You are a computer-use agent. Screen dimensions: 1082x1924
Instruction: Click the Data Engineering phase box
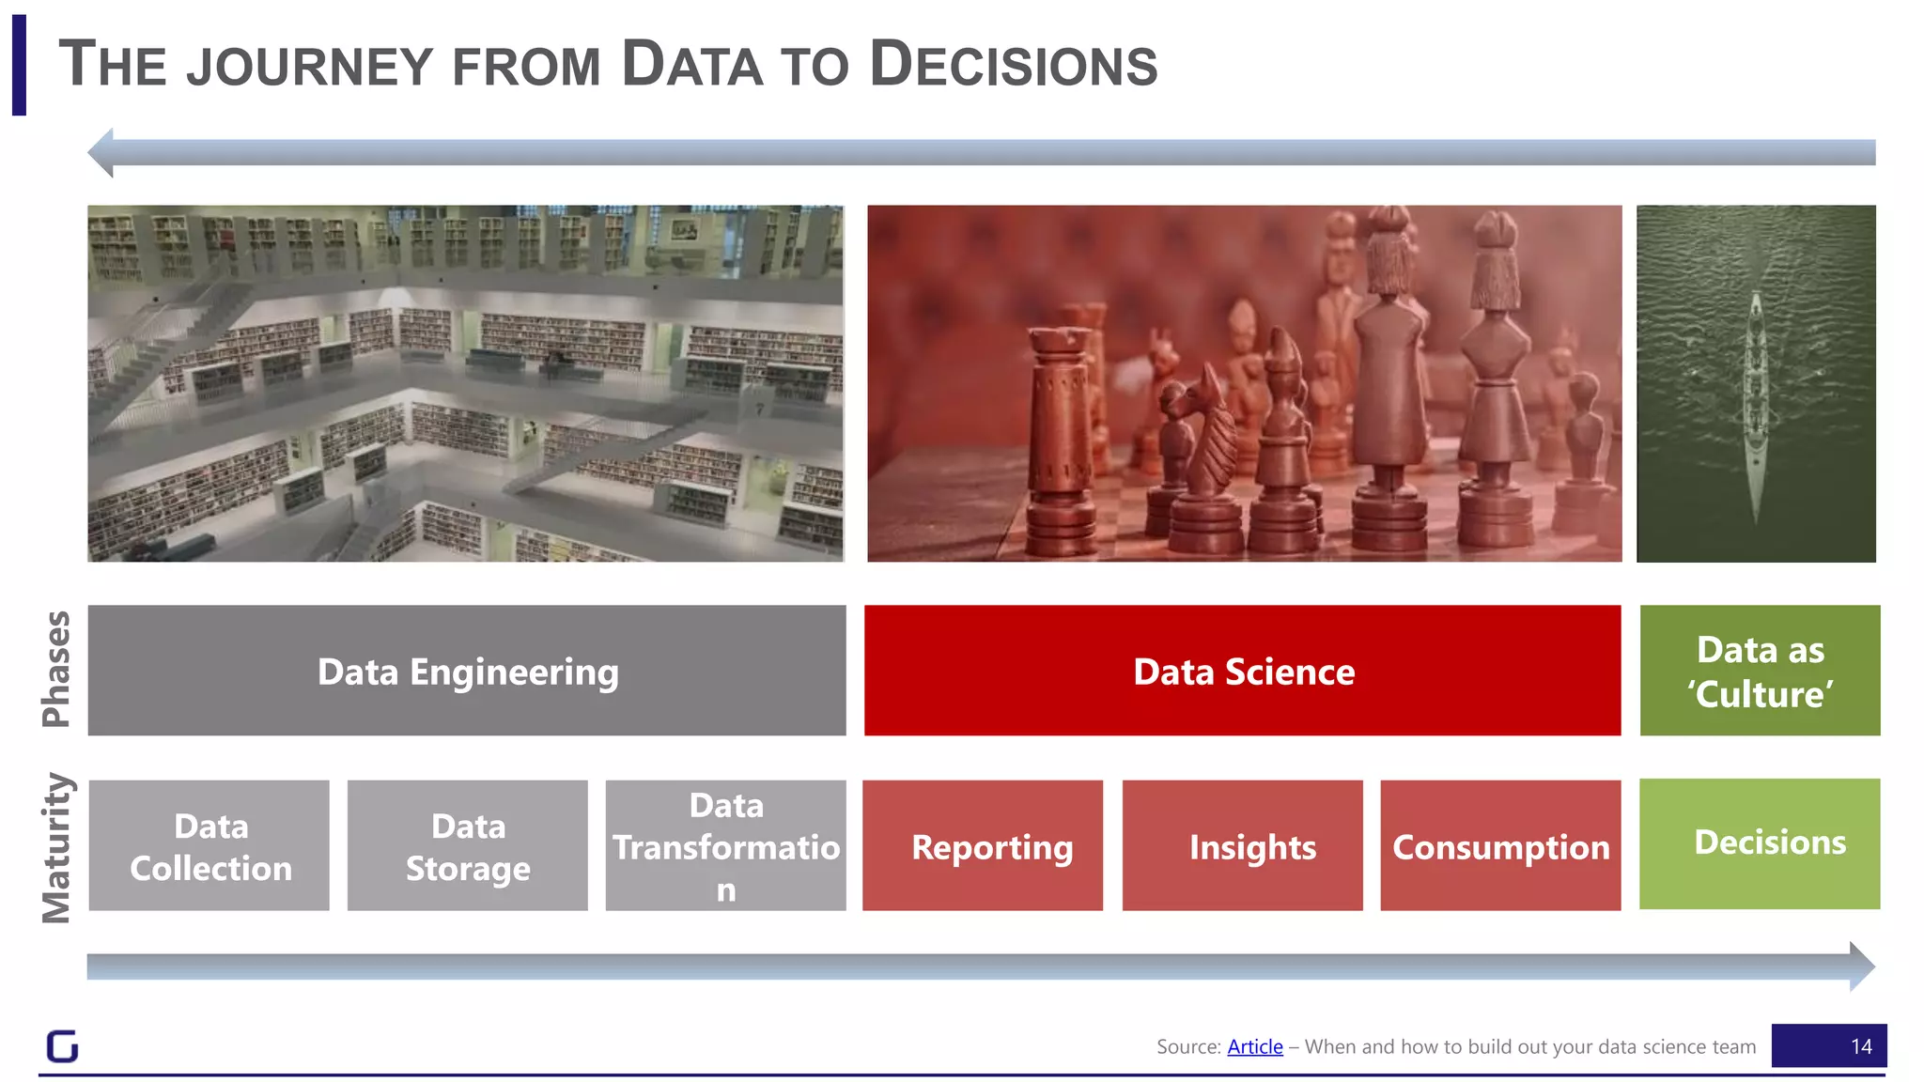(x=467, y=671)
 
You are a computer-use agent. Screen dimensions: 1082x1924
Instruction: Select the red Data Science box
(x=1242, y=671)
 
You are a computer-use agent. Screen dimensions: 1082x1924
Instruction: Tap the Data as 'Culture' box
(x=1760, y=671)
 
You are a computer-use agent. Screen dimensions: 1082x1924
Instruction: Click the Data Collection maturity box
(x=209, y=845)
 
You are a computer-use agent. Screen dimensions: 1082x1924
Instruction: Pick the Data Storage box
(x=467, y=845)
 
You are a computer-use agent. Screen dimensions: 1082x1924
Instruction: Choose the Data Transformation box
(x=725, y=845)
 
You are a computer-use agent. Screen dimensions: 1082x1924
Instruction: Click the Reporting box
(x=983, y=845)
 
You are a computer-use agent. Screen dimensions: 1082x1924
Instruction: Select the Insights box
(x=1242, y=845)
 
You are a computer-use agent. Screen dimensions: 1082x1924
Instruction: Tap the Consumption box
(x=1500, y=845)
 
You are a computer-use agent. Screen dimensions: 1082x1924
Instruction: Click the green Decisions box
(x=1760, y=843)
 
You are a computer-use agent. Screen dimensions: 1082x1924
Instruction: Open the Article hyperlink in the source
(x=1254, y=1046)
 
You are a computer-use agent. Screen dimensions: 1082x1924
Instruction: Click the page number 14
(x=1860, y=1046)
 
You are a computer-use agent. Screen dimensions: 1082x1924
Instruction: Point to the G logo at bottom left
(x=63, y=1045)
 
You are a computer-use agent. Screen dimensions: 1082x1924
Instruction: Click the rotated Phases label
(x=56, y=669)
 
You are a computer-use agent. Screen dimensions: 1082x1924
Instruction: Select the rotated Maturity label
(x=56, y=847)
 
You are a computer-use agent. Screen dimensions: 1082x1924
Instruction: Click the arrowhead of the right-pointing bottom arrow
(x=1861, y=966)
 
